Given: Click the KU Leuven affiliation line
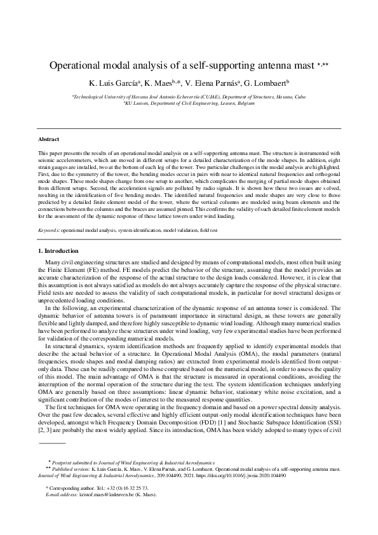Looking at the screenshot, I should click(x=189, y=101).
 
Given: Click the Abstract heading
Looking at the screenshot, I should click(x=49, y=139).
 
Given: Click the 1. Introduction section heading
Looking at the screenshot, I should click(x=59, y=251).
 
